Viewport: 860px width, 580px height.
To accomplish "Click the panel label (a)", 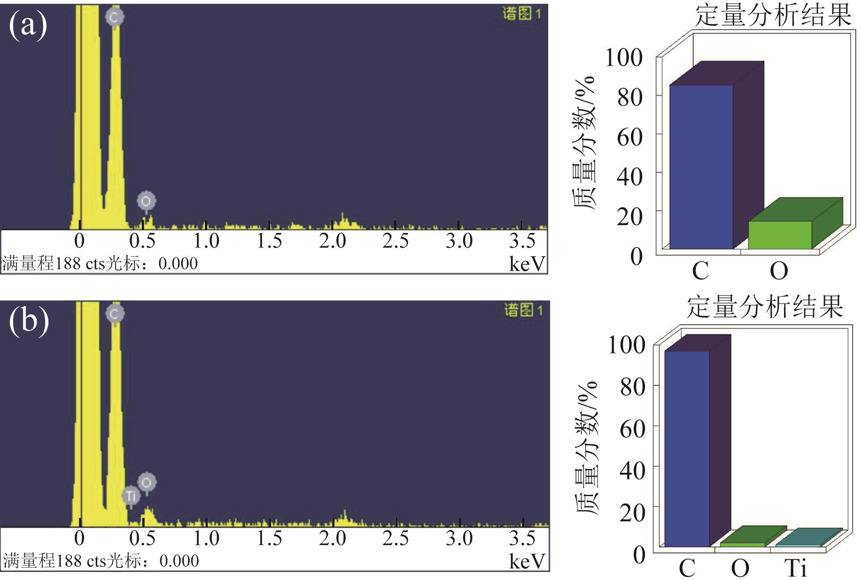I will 28,25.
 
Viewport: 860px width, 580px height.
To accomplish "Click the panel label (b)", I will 29,321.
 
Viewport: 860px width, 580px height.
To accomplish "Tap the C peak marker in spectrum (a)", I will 114,17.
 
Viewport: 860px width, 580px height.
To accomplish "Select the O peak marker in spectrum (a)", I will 146,201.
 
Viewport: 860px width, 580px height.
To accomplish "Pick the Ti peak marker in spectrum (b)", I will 131,496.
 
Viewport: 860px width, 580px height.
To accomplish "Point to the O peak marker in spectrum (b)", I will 147,482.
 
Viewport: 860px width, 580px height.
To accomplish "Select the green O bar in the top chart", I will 780,235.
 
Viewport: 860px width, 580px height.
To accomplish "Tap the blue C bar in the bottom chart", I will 687,448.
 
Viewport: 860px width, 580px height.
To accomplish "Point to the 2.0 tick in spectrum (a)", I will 333,241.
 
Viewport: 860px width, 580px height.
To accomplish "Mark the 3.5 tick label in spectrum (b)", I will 522,539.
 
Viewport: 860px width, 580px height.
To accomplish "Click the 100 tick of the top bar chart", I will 624,57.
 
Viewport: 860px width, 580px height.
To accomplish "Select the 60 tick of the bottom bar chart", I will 632,428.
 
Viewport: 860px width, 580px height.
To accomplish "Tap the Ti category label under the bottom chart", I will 795,569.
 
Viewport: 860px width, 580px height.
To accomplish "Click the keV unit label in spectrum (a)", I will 527,264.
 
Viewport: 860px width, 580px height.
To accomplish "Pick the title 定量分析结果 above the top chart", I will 773,15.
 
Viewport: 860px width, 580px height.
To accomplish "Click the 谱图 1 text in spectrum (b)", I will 523,310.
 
